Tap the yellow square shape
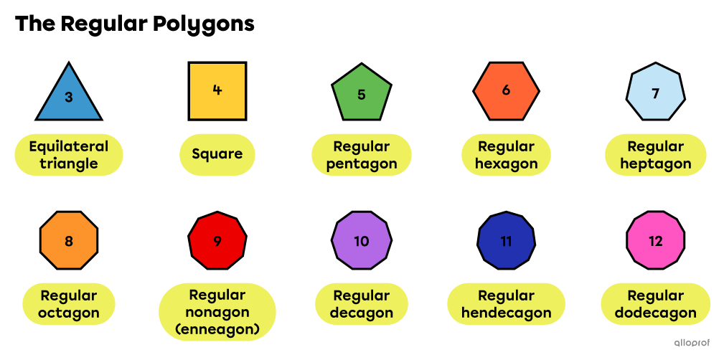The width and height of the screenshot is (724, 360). pyautogui.click(x=217, y=91)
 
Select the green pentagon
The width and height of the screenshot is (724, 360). pyautogui.click(x=362, y=93)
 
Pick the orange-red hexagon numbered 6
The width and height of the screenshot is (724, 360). pyautogui.click(x=506, y=91)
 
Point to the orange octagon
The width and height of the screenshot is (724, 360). pyautogui.click(x=69, y=240)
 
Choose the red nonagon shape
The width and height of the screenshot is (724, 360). pyautogui.click(x=217, y=240)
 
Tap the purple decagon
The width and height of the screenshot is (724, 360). pyautogui.click(x=362, y=240)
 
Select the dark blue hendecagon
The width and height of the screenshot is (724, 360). pyautogui.click(x=506, y=240)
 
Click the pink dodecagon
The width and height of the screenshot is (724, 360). pyautogui.click(x=655, y=240)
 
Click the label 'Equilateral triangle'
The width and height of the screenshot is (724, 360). pyautogui.click(x=69, y=155)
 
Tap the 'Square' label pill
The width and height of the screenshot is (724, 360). pyautogui.click(x=217, y=154)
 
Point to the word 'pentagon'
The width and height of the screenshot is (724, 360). pyautogui.click(x=362, y=164)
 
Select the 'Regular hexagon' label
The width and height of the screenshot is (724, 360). pyautogui.click(x=506, y=155)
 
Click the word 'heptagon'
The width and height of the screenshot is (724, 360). pyautogui.click(x=656, y=164)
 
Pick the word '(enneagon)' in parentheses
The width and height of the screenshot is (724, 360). pyautogui.click(x=217, y=330)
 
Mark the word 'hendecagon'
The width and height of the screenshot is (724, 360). pyautogui.click(x=506, y=313)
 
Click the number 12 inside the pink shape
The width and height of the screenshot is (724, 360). pyautogui.click(x=655, y=241)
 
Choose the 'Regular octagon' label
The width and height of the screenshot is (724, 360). pyautogui.click(x=69, y=304)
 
